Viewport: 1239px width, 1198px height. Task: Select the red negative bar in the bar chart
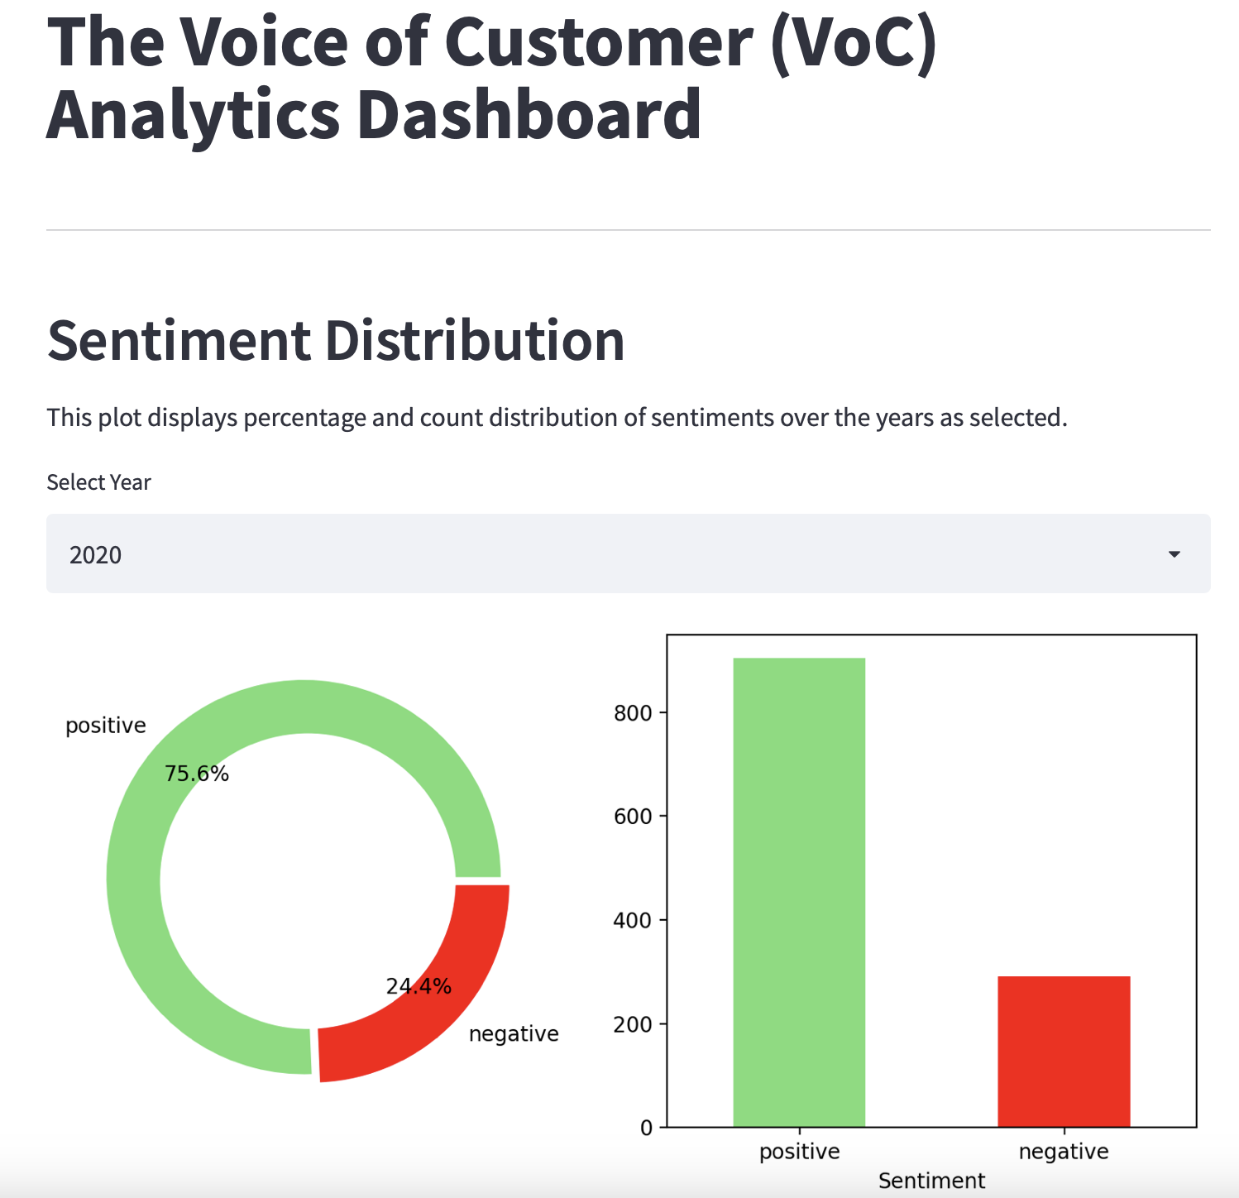(1064, 1051)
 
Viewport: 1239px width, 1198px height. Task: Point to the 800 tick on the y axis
(633, 713)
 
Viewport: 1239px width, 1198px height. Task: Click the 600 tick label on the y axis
(633, 817)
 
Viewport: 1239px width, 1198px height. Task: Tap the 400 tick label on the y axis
(633, 920)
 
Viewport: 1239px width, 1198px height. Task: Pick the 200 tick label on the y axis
(633, 1024)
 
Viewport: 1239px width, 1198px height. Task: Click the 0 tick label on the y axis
(646, 1128)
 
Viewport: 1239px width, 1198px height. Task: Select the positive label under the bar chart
(799, 1152)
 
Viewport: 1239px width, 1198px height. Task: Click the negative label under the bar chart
(1064, 1152)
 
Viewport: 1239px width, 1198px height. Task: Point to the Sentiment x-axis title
(931, 1181)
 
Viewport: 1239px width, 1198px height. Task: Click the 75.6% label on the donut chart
(197, 774)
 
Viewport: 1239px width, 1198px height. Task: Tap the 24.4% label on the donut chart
(419, 986)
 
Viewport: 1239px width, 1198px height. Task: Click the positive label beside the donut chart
(106, 726)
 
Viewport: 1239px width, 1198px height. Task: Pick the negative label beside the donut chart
(514, 1034)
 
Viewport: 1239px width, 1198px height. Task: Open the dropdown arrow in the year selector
(1174, 554)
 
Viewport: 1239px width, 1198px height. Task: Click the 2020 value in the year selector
(96, 554)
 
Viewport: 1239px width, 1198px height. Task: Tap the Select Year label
(98, 482)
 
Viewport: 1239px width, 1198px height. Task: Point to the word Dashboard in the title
(529, 114)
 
